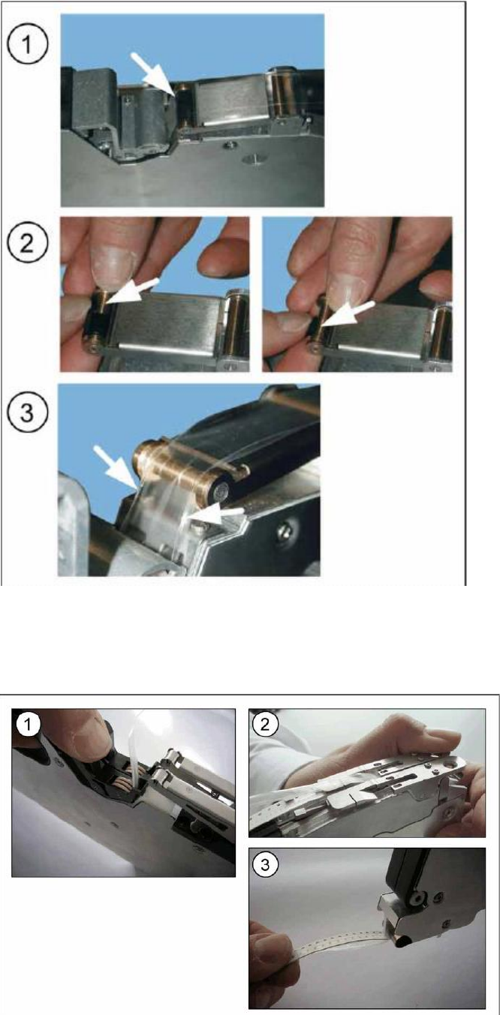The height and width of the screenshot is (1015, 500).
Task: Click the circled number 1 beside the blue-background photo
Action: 27,46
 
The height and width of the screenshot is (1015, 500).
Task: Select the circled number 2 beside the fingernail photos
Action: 27,243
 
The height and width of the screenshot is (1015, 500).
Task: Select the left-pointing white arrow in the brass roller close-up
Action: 217,514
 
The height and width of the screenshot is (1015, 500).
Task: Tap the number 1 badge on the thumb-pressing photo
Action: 27,724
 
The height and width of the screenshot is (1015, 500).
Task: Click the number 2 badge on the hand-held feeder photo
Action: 264,724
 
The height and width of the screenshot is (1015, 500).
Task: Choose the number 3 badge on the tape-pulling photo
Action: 264,864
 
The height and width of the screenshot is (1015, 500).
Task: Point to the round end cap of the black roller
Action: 222,491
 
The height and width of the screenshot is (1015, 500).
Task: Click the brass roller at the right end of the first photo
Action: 280,92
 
